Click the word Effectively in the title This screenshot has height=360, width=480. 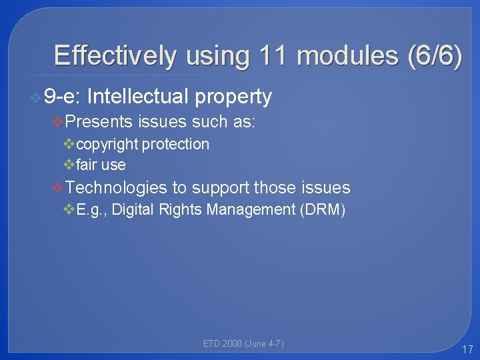115,55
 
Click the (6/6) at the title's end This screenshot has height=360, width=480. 433,55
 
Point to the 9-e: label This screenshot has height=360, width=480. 62,97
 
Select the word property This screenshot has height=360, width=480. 233,97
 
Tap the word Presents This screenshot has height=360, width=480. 100,121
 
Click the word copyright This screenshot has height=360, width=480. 107,144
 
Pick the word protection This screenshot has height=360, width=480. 175,144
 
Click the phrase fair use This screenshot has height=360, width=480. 101,164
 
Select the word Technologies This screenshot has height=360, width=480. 117,188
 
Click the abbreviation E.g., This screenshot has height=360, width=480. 93,210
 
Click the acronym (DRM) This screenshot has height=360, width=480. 323,210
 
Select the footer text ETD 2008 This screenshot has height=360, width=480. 223,344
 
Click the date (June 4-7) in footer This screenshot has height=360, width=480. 265,344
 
